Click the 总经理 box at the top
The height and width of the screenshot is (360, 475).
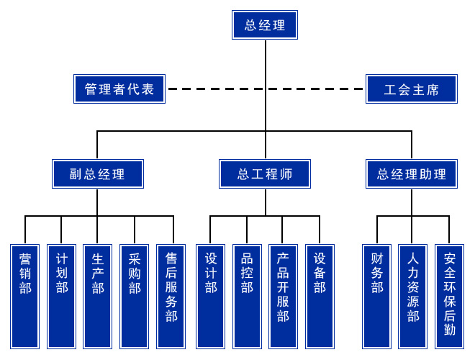pyautogui.click(x=265, y=25)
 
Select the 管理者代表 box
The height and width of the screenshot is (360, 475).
pyautogui.click(x=119, y=89)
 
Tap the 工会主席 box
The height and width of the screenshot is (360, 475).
pyautogui.click(x=411, y=89)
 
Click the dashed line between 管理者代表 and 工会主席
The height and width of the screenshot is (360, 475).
pyautogui.click(x=265, y=89)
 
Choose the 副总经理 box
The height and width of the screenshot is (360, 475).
pyautogui.click(x=97, y=174)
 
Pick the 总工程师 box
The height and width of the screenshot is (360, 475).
pyautogui.click(x=265, y=174)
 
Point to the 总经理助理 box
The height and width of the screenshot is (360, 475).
pyautogui.click(x=412, y=174)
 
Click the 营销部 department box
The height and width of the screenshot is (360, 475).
pyautogui.click(x=25, y=296)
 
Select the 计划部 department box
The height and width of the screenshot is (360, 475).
pyautogui.click(x=61, y=296)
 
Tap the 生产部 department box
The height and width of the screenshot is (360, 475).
pyautogui.click(x=97, y=296)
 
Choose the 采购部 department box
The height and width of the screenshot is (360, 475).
pyautogui.click(x=134, y=296)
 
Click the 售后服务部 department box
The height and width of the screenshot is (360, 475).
pyautogui.click(x=171, y=296)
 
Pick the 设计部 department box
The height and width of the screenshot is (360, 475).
pyautogui.click(x=210, y=296)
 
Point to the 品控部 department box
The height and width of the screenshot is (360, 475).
pyautogui.click(x=247, y=296)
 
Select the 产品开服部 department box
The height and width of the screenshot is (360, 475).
pyautogui.click(x=283, y=296)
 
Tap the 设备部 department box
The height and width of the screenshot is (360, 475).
pyautogui.click(x=320, y=296)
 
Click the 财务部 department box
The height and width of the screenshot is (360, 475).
pyautogui.click(x=376, y=296)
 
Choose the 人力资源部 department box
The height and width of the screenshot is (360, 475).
pyautogui.click(x=413, y=296)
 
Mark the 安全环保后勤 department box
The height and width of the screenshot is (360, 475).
pyautogui.click(x=450, y=296)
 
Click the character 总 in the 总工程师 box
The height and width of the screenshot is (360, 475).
pyautogui.click(x=243, y=174)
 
